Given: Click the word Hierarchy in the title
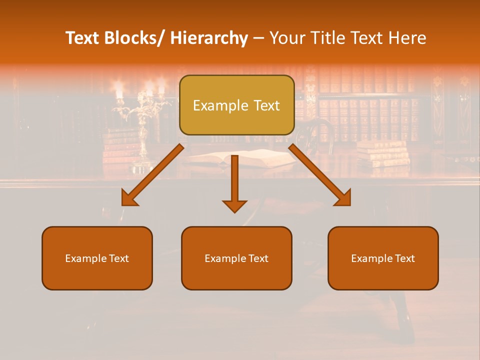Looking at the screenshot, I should tap(209, 38).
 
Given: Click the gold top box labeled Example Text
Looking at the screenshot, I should tap(236, 105).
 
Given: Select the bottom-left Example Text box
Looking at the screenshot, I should tap(97, 258).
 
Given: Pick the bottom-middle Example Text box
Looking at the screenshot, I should tap(236, 258).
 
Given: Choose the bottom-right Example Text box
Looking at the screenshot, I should tap(383, 258).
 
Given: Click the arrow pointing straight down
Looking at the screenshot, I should tap(234, 180).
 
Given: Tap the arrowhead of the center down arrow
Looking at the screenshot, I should tap(234, 205).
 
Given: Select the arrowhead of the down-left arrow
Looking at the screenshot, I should tap(129, 199).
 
